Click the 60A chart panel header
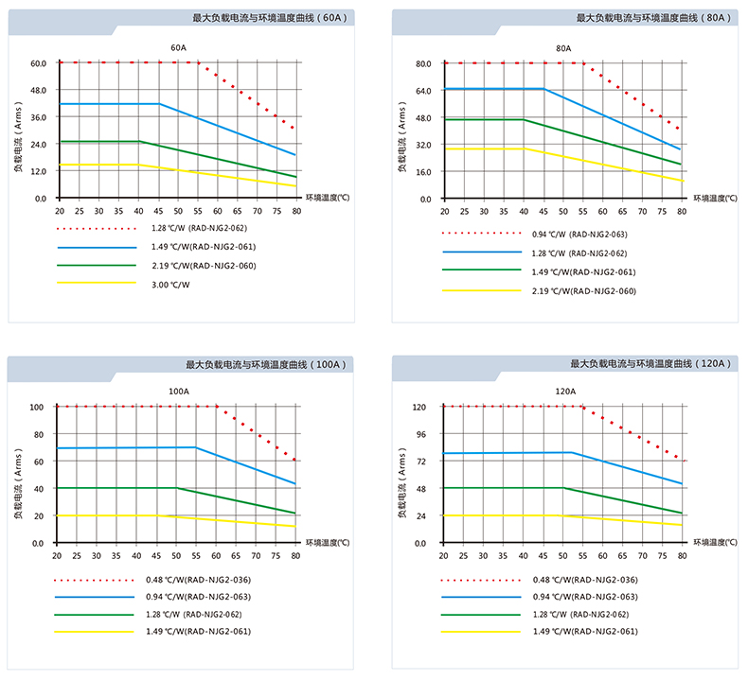(271, 17)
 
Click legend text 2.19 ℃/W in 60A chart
(204, 265)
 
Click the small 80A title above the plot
(562, 47)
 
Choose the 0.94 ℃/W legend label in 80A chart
(580, 234)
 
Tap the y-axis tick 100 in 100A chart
(37, 408)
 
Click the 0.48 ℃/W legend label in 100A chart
(200, 579)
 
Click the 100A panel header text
(266, 364)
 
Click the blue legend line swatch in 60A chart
(95, 247)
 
